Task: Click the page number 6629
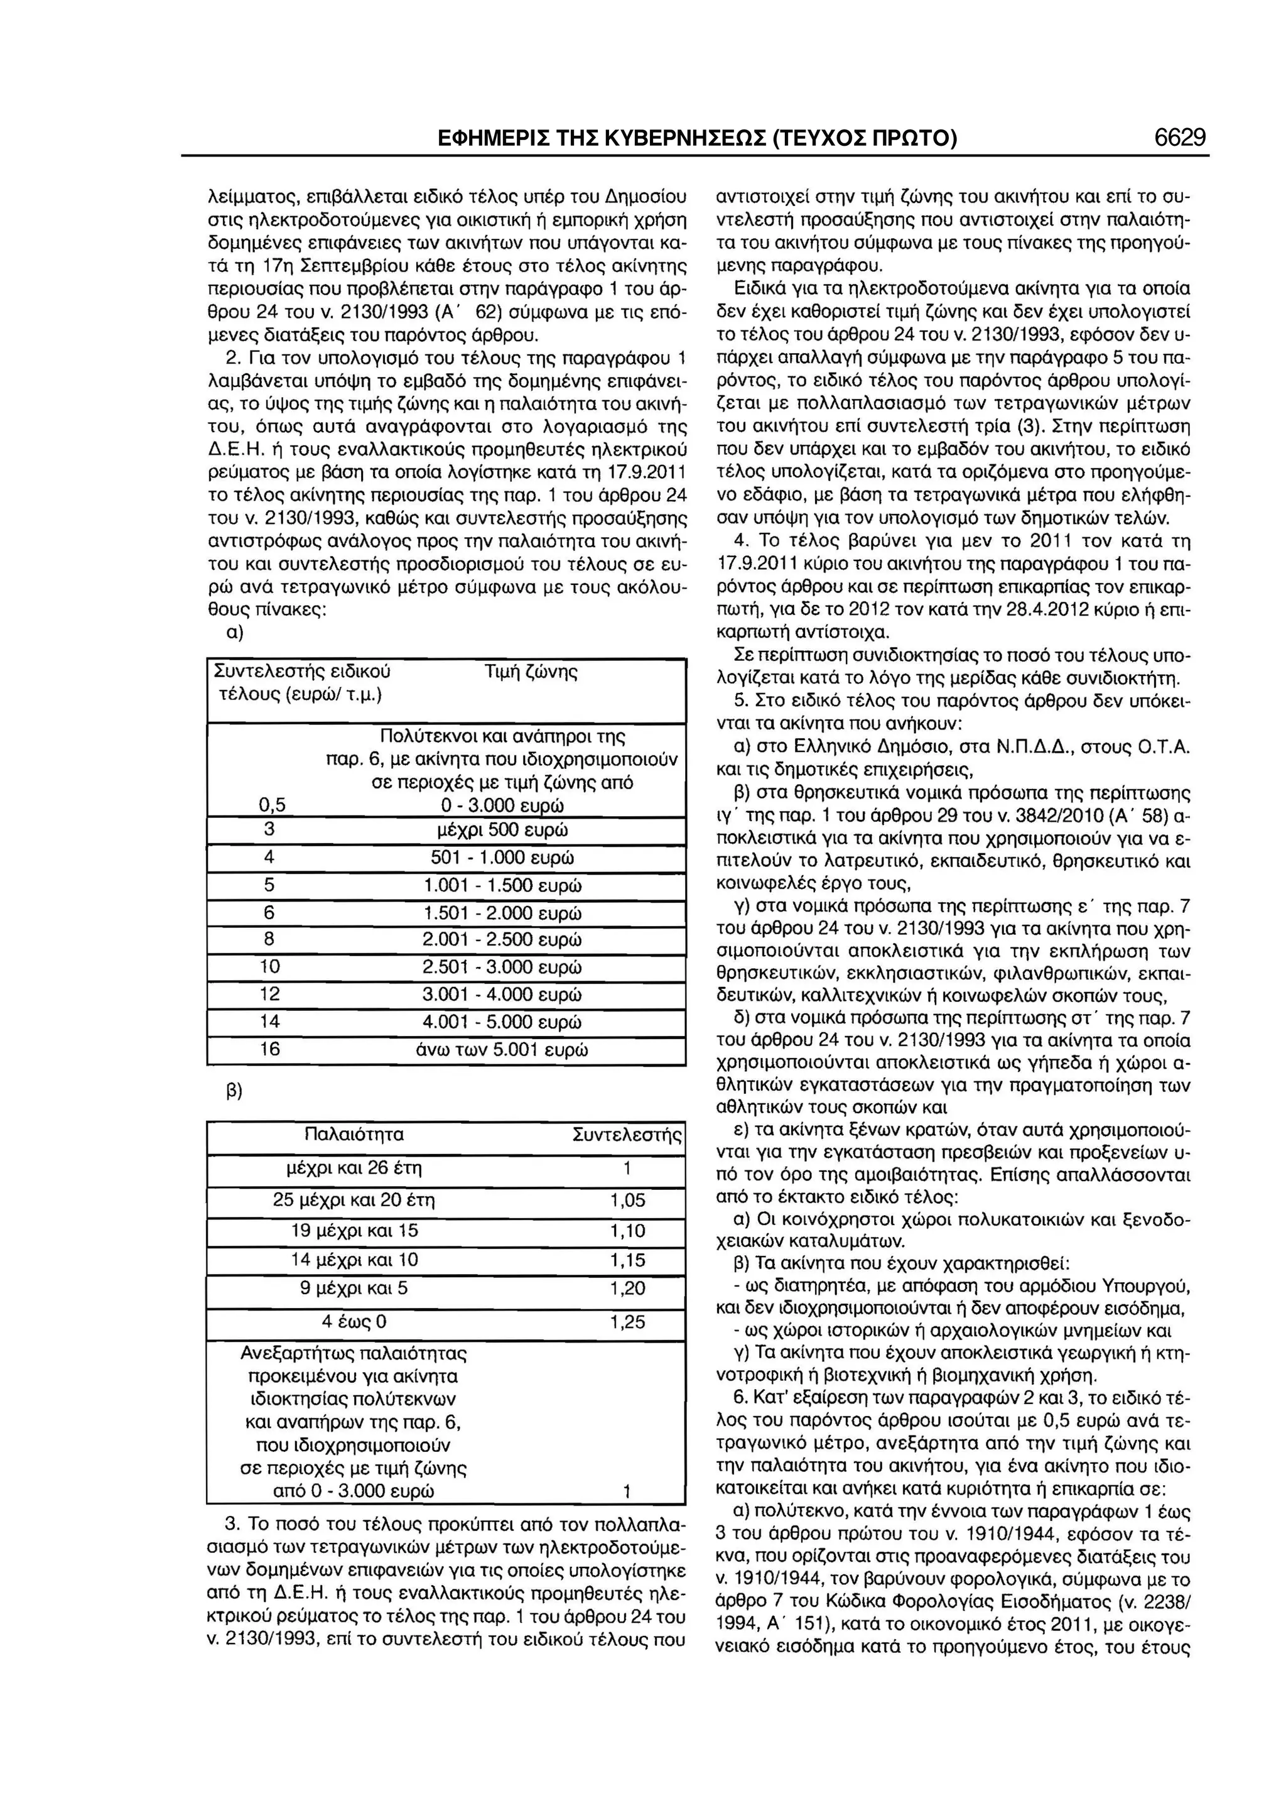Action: [x=1180, y=138]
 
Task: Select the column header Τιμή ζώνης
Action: [x=530, y=672]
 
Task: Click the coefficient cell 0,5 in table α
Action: [x=272, y=805]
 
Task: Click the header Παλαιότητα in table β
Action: [x=354, y=1135]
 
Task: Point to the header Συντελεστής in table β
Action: [x=627, y=1135]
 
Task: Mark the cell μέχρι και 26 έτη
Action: [x=354, y=1169]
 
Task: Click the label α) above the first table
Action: [x=235, y=633]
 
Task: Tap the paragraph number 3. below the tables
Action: [x=232, y=1523]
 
